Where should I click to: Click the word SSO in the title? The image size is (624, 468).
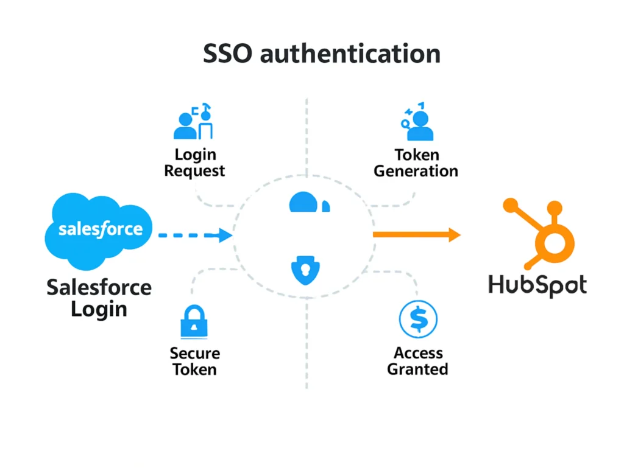coord(227,54)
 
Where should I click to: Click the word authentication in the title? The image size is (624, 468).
coord(350,54)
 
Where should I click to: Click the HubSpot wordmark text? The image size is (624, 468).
coord(537,285)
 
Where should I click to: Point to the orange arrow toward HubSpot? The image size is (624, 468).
coord(417,235)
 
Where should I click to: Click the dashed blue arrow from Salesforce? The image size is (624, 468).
coord(195,235)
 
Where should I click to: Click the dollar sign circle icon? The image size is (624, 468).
coord(418,319)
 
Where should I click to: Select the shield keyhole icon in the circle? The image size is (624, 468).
coord(304,270)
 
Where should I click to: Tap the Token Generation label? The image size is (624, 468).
coord(416,162)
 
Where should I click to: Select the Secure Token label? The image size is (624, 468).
coord(195,361)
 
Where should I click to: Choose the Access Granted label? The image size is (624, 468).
coord(418,361)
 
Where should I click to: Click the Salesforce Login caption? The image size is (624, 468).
coord(99,298)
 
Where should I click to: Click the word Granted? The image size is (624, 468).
coord(418,369)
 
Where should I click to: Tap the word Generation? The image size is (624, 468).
coord(416,171)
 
